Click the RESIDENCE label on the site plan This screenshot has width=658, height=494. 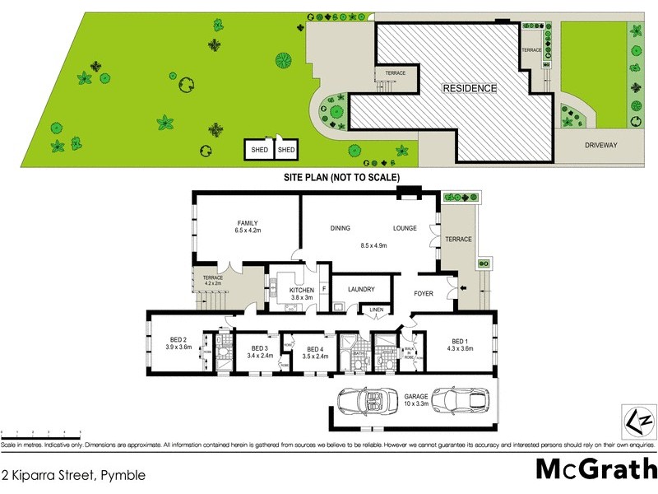(x=470, y=88)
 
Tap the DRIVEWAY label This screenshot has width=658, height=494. (x=600, y=144)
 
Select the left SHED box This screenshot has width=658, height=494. (x=259, y=150)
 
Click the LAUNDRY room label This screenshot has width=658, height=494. (x=361, y=289)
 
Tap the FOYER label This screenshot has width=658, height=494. (x=424, y=293)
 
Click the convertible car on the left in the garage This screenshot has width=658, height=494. (x=363, y=403)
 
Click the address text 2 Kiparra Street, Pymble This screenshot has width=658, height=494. (x=74, y=475)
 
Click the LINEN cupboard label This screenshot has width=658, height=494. (x=377, y=310)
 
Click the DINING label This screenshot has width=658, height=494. (x=341, y=228)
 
